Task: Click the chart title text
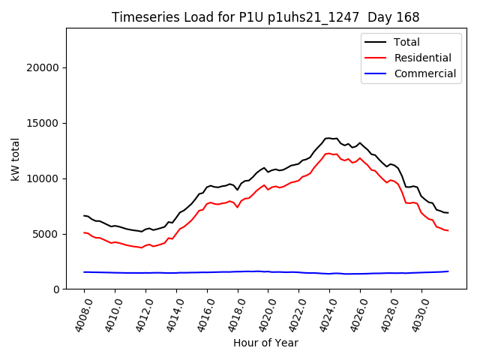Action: [x=265, y=17]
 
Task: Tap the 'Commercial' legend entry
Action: [x=424, y=73]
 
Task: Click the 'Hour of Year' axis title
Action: [x=265, y=343]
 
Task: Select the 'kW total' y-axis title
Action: [x=15, y=158]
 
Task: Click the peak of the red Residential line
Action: [x=328, y=153]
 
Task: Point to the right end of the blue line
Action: [x=448, y=271]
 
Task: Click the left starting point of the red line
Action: [x=84, y=232]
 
